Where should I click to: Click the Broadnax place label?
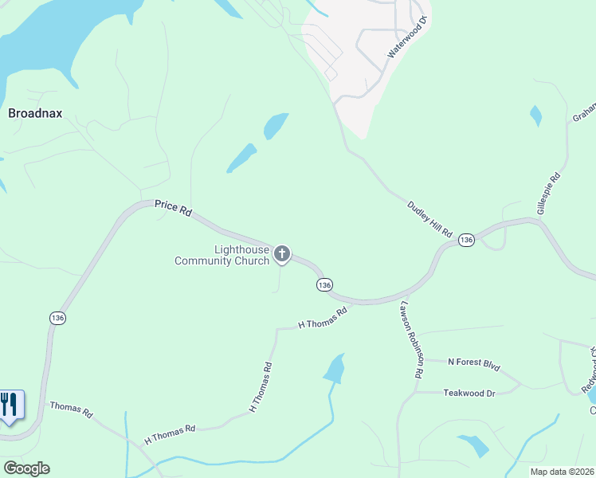click(x=35, y=114)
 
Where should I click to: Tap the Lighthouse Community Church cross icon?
click(x=281, y=254)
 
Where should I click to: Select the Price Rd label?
click(x=173, y=210)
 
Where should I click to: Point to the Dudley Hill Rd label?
click(x=430, y=220)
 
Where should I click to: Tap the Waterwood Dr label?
click(x=407, y=37)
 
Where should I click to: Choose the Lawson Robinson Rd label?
click(x=411, y=339)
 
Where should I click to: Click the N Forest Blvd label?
click(x=473, y=364)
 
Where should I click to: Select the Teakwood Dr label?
click(x=469, y=393)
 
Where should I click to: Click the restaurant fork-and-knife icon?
click(x=10, y=405)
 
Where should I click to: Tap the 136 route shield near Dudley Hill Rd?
click(x=466, y=240)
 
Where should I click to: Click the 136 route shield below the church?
click(x=323, y=284)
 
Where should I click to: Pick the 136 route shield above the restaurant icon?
click(x=57, y=317)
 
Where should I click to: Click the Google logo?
click(x=27, y=468)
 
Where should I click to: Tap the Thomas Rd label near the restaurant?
click(x=71, y=409)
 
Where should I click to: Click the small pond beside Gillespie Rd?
click(x=535, y=116)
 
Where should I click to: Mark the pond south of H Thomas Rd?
click(x=335, y=367)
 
